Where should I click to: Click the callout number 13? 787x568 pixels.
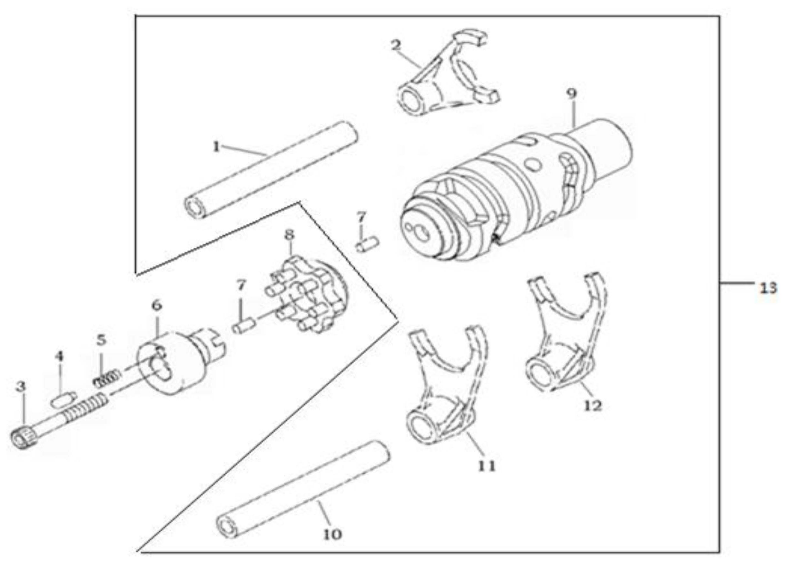(x=768, y=288)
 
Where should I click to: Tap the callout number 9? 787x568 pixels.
(x=571, y=94)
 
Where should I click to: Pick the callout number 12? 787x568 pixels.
(x=592, y=405)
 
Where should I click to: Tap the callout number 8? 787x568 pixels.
(x=289, y=235)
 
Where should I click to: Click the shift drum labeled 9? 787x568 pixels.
(x=514, y=194)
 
